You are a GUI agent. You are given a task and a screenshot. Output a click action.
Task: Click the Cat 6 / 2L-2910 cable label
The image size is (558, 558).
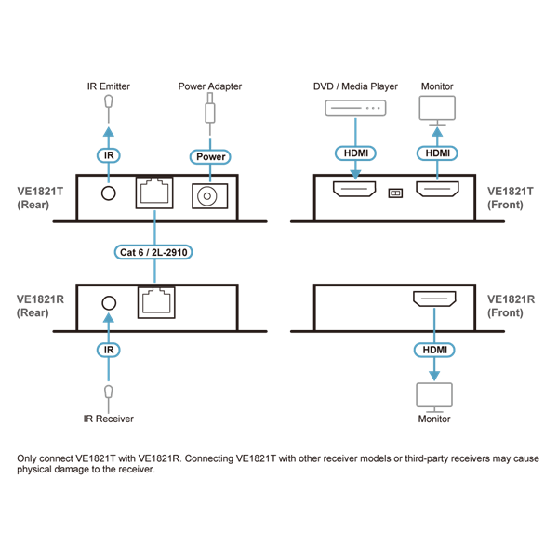pos(155,252)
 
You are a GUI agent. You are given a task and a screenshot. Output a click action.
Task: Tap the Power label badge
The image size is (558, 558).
pos(210,156)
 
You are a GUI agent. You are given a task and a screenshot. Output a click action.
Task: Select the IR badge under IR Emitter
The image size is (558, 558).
pos(109,156)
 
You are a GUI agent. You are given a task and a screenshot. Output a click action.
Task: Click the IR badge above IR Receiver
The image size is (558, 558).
pos(109,350)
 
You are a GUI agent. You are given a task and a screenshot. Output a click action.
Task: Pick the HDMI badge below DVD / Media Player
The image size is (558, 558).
pos(355,153)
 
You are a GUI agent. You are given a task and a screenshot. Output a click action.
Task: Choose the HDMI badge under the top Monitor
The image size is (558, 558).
pos(436,153)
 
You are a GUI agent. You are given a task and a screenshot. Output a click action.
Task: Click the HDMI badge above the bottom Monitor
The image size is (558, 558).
pos(433,350)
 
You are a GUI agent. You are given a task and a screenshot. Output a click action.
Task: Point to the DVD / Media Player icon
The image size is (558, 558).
pos(355,109)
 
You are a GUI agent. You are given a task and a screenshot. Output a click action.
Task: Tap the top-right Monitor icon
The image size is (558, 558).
pos(436,109)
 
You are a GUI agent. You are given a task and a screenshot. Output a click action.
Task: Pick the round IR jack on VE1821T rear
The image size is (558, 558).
pos(109,193)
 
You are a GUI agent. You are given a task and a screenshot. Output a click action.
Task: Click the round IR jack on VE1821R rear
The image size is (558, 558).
pos(109,302)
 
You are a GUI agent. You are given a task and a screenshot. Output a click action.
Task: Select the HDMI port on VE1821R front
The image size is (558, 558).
pos(433,299)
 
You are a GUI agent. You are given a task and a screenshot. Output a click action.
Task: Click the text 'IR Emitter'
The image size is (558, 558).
pos(109,86)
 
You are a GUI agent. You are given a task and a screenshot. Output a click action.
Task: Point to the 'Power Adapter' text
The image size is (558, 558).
pos(210,86)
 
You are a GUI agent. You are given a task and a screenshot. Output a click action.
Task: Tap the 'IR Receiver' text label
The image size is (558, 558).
pos(109,418)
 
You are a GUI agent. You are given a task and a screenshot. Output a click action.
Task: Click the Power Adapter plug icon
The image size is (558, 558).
pos(210,114)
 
